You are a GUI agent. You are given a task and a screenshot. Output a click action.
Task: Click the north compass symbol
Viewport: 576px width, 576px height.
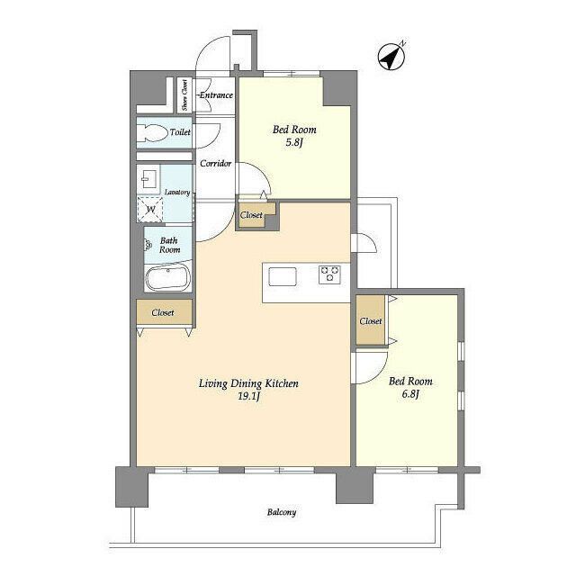pos(391,57)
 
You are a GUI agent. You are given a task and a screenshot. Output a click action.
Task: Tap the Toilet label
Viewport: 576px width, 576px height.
pos(180,132)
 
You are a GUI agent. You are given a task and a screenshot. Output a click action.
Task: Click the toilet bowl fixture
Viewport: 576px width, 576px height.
pos(151,133)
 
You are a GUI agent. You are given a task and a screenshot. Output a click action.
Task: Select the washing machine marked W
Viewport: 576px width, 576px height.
pos(150,210)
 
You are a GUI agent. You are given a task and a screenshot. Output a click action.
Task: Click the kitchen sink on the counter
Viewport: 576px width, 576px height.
pos(283,276)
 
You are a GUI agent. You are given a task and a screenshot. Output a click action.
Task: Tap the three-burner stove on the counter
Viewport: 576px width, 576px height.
pos(329,274)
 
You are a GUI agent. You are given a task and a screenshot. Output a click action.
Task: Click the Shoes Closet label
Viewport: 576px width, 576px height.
pos(184,94)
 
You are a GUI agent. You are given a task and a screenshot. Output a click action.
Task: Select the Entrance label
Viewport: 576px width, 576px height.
pos(216,95)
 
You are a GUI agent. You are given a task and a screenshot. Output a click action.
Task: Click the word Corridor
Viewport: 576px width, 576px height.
pos(216,163)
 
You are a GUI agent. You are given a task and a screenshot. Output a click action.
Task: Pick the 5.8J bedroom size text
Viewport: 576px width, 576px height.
pos(294,142)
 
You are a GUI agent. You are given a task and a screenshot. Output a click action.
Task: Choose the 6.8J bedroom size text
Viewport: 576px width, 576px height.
pos(410,394)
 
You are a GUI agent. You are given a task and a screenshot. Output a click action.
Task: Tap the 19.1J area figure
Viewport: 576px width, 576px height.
pos(248,396)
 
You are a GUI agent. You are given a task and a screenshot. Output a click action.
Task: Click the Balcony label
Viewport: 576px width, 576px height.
pos(282,512)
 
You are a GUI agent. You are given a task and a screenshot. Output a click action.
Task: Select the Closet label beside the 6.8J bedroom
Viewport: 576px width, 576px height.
pos(371,321)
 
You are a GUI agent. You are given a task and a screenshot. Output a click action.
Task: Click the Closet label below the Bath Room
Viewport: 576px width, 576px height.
pos(163,312)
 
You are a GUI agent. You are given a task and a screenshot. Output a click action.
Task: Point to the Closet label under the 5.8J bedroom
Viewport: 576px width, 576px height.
pos(251,215)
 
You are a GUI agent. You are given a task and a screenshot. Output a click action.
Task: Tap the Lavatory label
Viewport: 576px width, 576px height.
pos(177,192)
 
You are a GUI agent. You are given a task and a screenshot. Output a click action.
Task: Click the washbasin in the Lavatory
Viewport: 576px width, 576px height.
pos(148,179)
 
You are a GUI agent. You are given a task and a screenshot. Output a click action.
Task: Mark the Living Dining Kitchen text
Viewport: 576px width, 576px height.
pos(248,383)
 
